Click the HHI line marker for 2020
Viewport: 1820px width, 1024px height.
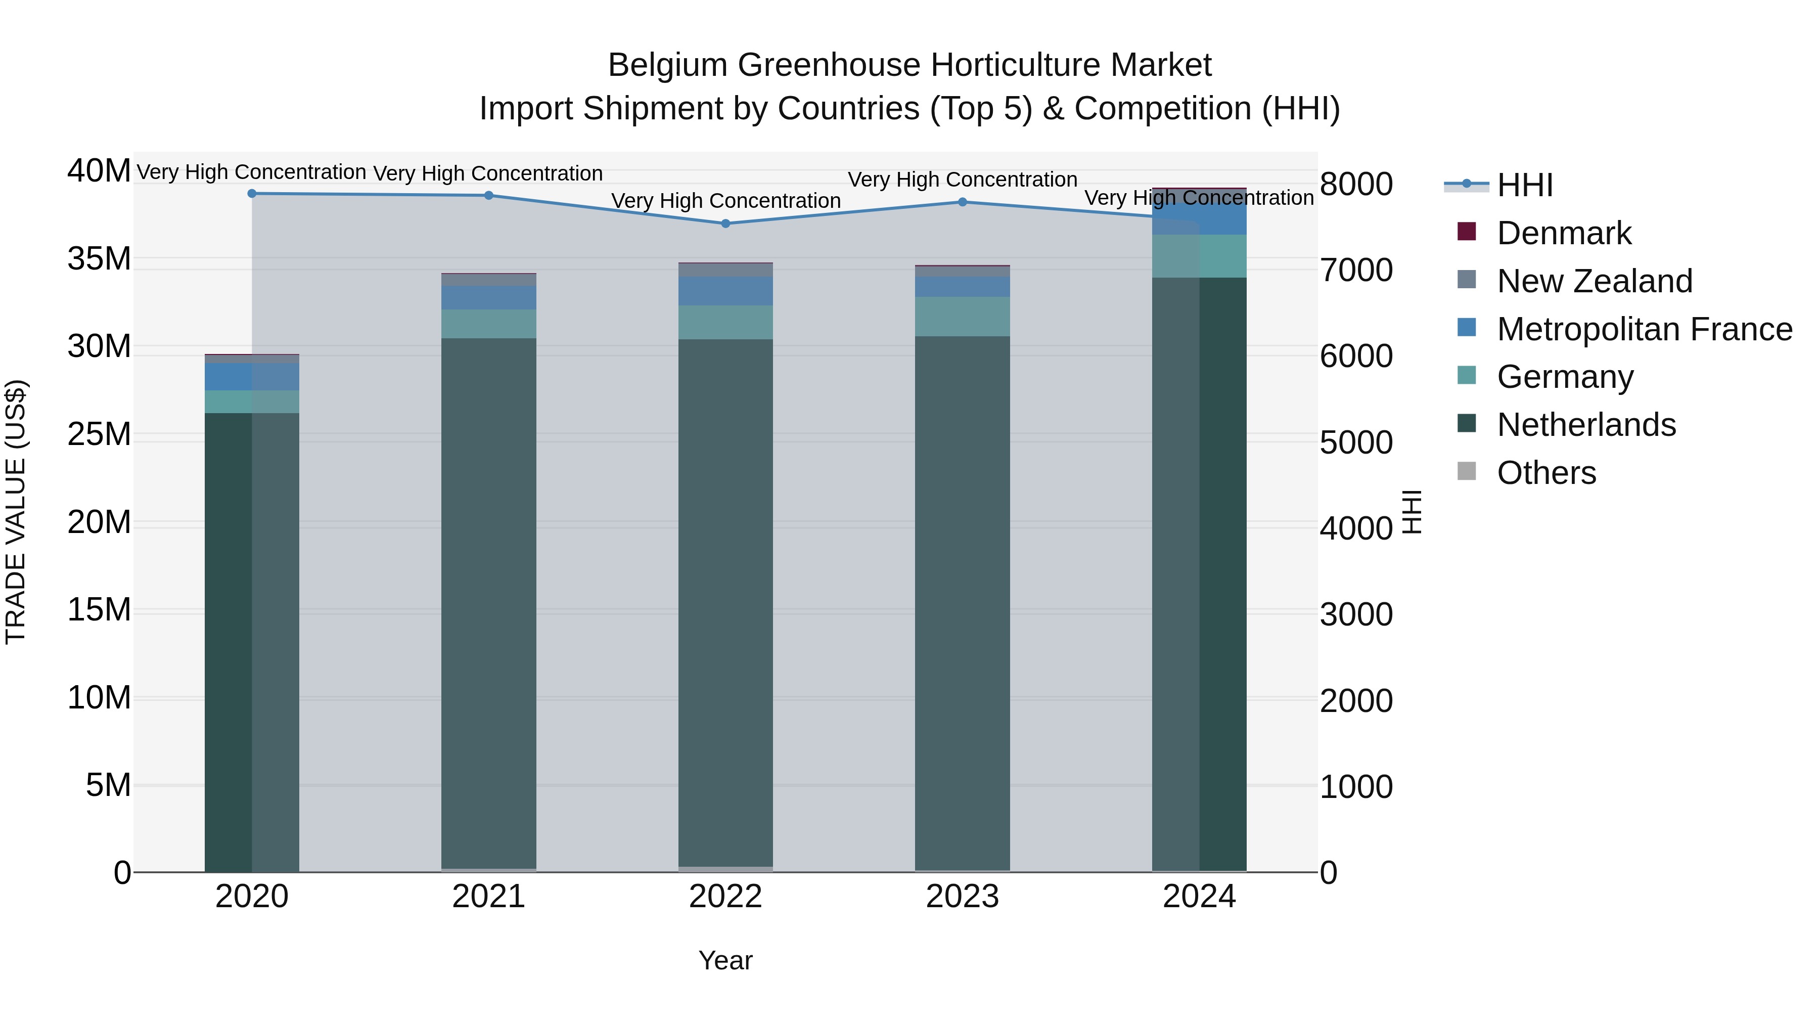(252, 194)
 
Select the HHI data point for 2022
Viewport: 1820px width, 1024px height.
(725, 224)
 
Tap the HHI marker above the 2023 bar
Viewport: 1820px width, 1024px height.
(962, 202)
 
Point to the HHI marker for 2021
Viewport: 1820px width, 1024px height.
(489, 196)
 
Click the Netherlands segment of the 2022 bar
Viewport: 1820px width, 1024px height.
(725, 601)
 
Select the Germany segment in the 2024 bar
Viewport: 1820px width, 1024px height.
(1199, 256)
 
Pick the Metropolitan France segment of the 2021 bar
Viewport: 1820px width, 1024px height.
(489, 297)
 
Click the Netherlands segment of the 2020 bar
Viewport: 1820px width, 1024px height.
(252, 636)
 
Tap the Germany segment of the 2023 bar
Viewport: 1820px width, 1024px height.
(962, 316)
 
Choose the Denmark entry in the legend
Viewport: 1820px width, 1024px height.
(1564, 233)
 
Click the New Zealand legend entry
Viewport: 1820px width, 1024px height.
(1594, 281)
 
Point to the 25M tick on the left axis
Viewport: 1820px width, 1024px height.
(99, 434)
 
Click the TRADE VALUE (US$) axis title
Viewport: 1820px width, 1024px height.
(16, 512)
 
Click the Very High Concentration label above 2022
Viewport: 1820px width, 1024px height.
(725, 201)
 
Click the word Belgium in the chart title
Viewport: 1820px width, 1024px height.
(668, 65)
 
